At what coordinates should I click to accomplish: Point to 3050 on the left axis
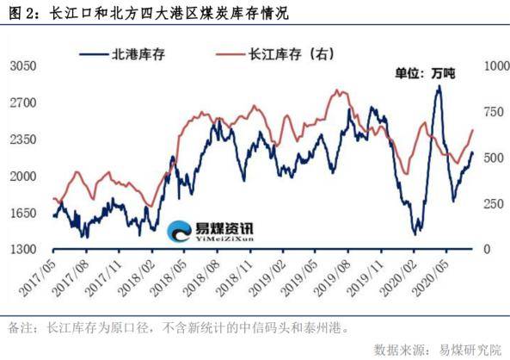pos(23,65)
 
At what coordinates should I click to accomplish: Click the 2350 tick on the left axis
pos(23,139)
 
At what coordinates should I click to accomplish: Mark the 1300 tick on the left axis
pos(23,249)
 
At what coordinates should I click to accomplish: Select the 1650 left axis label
pos(23,213)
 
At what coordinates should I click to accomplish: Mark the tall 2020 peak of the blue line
pos(439,87)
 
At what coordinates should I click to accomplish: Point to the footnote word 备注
pos(18,327)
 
